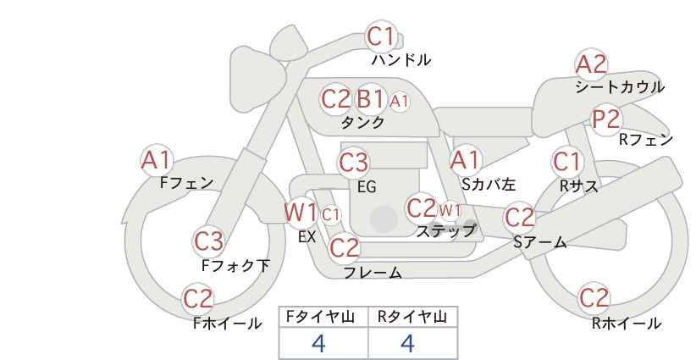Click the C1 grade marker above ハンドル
point(381,36)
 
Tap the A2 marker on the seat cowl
point(591,65)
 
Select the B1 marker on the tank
point(370,98)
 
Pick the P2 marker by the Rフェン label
point(606,119)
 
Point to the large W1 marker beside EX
point(301,213)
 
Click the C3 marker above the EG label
point(353,163)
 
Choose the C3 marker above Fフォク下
point(208,241)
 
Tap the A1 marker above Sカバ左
point(465,160)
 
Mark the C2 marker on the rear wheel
point(594,298)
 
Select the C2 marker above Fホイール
point(198,299)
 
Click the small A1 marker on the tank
point(399,102)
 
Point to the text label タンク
point(362,122)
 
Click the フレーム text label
point(373,272)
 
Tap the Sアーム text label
point(539,242)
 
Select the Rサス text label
point(578,186)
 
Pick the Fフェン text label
point(186,182)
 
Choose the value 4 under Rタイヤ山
point(407,344)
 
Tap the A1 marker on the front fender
point(156,160)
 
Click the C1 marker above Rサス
point(566,162)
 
